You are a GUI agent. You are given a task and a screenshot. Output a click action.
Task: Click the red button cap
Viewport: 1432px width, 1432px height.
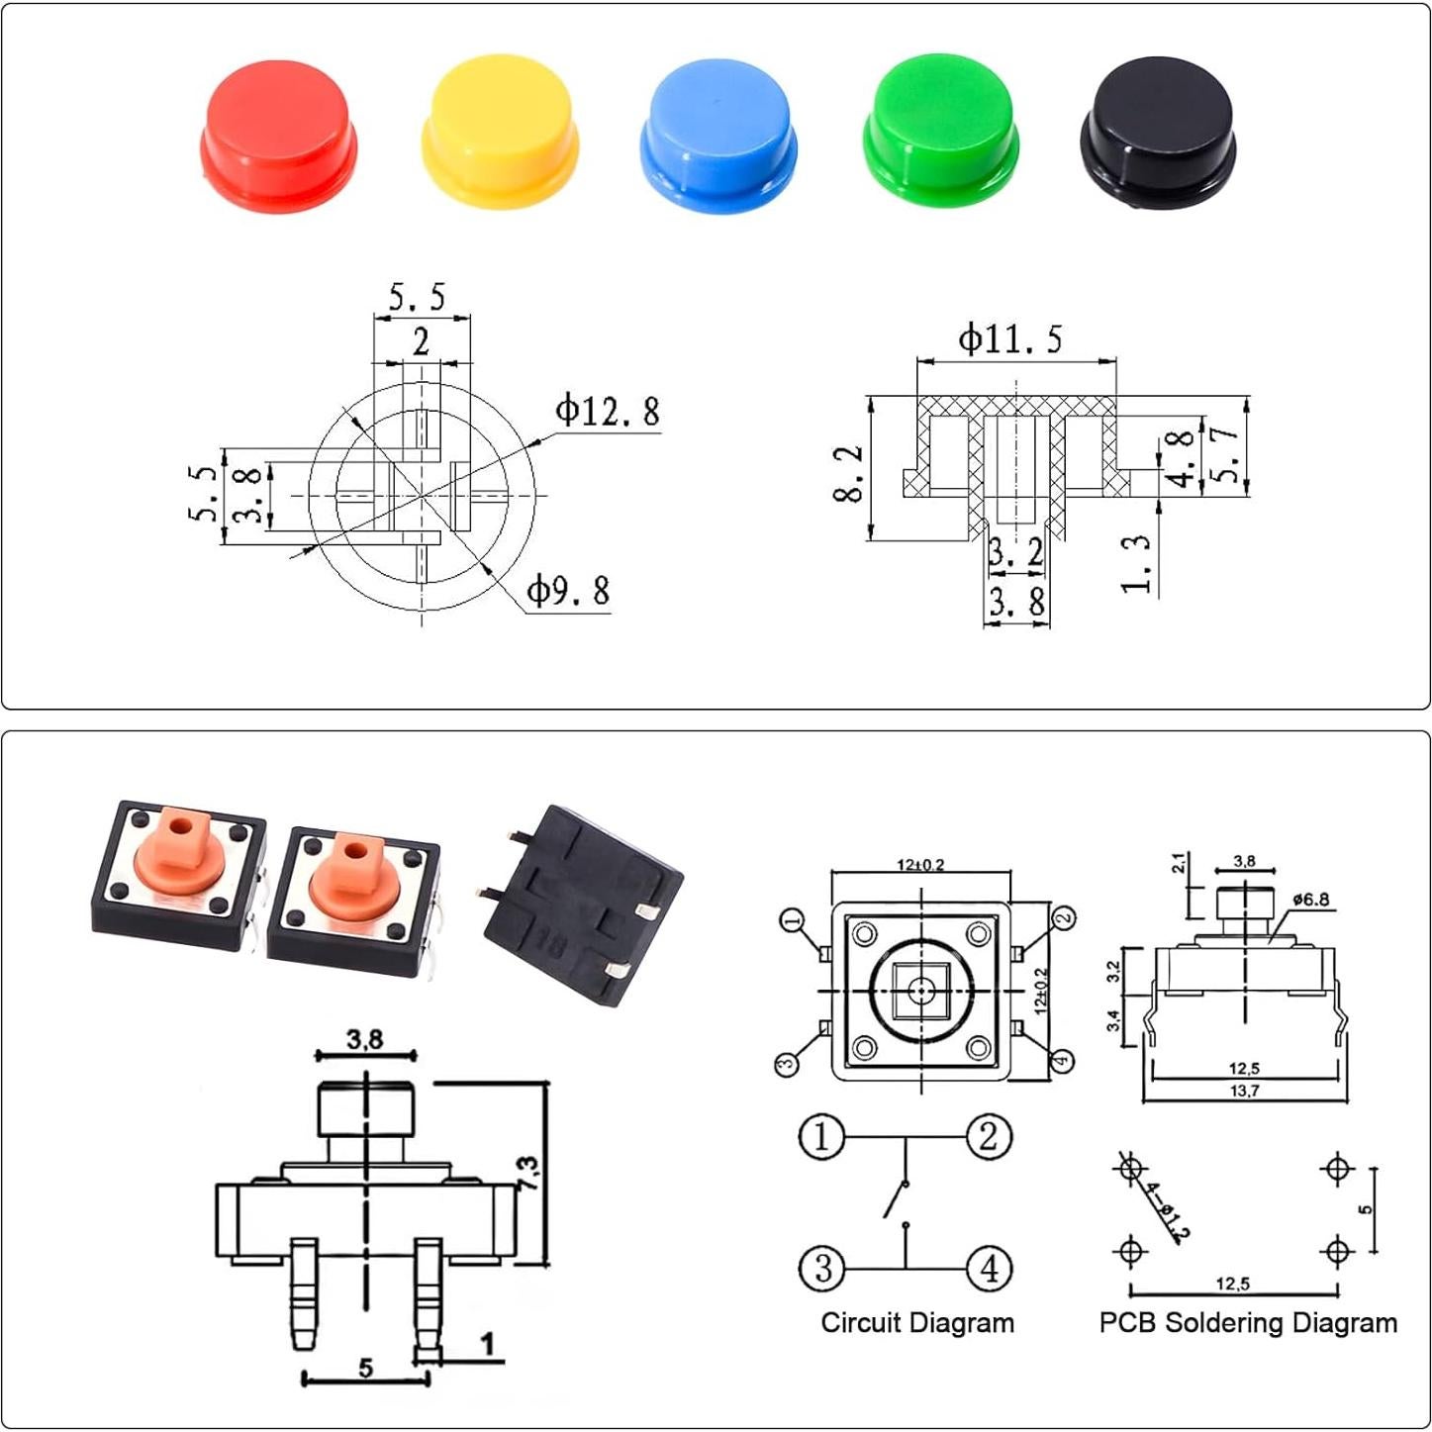(x=279, y=134)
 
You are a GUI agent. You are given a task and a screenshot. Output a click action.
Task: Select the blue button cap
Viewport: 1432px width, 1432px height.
(x=718, y=134)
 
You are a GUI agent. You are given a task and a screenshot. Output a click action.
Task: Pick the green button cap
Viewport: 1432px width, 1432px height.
(x=940, y=131)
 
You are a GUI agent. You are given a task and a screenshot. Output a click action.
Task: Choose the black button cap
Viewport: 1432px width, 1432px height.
(x=1158, y=134)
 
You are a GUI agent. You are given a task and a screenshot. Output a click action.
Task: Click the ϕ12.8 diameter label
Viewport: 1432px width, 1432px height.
(x=607, y=411)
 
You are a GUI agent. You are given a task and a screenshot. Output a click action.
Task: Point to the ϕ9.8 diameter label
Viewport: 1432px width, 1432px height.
(x=567, y=591)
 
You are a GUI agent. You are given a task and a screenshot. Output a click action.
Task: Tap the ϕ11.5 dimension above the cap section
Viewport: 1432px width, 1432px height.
(x=1009, y=339)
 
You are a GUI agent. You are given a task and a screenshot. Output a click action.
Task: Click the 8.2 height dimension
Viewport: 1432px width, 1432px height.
(x=850, y=473)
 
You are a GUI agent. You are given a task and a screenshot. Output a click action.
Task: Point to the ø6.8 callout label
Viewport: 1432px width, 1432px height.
(x=1310, y=900)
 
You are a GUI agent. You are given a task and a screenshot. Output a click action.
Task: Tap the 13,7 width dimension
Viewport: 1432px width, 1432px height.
(x=1244, y=1091)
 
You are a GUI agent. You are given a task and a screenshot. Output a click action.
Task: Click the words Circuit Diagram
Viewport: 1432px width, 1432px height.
(x=917, y=1323)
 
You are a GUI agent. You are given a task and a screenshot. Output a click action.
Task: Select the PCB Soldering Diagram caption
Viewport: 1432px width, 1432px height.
(x=1248, y=1323)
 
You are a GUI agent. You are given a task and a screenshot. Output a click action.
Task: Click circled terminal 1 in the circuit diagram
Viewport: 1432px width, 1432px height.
(x=821, y=1136)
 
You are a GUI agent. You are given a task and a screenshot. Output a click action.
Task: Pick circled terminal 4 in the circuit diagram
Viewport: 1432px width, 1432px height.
(x=989, y=1268)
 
